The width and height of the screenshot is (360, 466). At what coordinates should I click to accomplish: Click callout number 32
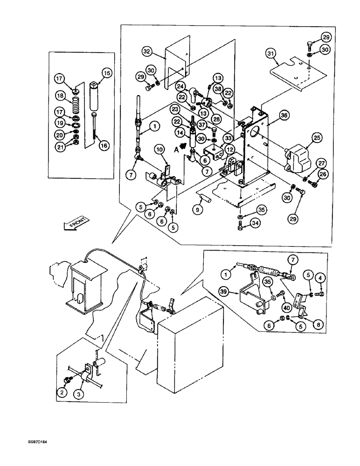pos(147,50)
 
